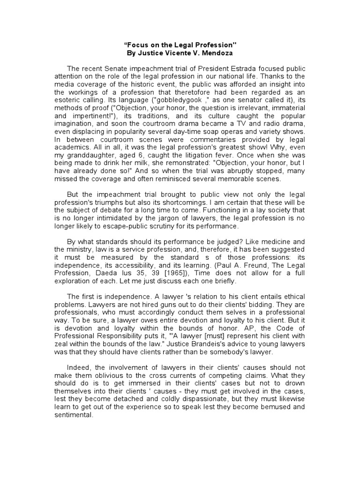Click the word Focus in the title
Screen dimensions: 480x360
[x=139, y=45]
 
